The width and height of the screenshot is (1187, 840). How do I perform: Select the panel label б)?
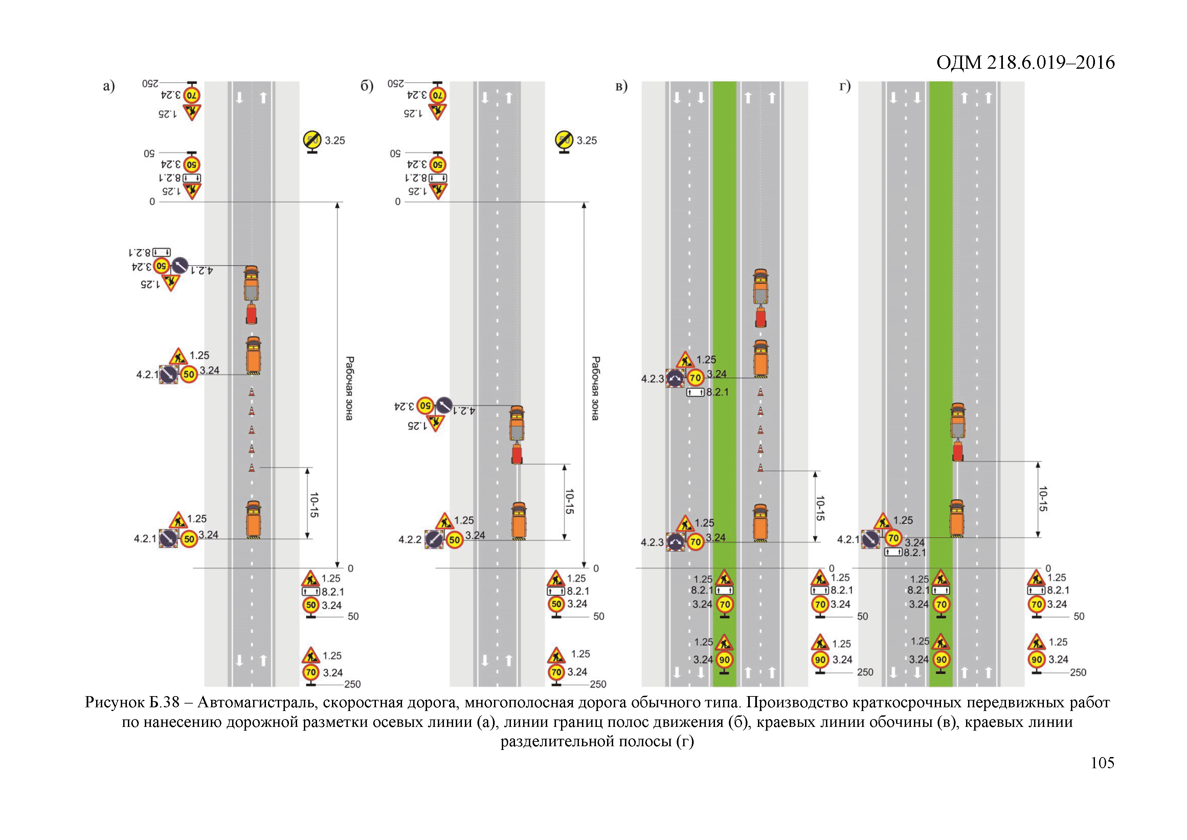[x=366, y=86]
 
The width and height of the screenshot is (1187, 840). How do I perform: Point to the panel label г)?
[x=845, y=86]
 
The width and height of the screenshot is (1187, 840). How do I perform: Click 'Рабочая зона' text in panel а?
[x=350, y=388]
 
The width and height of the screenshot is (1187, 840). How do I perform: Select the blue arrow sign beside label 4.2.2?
[x=434, y=539]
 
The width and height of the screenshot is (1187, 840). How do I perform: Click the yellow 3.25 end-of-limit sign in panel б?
[x=564, y=140]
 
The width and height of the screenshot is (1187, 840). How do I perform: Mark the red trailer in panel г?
[x=958, y=451]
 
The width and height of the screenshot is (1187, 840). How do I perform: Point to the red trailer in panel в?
[x=761, y=317]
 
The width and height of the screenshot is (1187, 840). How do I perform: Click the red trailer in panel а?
[x=251, y=314]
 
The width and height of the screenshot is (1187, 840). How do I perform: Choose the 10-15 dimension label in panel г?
[x=1042, y=499]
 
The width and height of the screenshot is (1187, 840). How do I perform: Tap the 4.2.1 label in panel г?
[x=848, y=539]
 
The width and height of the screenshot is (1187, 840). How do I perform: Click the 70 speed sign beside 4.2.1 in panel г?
[x=893, y=538]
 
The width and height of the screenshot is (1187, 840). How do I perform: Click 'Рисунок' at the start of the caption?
[x=114, y=703]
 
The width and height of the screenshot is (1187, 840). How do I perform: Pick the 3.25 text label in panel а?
[x=335, y=140]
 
